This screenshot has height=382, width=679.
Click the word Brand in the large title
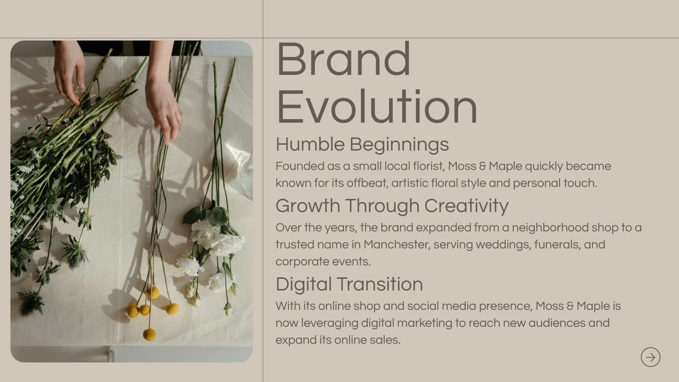344,59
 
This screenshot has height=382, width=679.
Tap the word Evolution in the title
377,106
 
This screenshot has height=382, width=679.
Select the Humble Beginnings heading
362,144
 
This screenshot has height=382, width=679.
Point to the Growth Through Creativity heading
392,206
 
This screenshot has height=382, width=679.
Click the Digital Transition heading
349,284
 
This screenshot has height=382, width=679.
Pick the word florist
429,166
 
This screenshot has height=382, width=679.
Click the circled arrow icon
650,357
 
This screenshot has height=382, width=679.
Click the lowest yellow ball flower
149,334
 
